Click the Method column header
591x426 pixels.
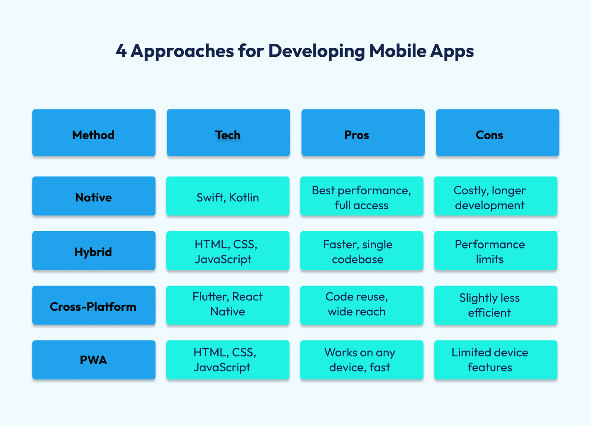point(94,132)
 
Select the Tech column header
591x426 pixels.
point(228,132)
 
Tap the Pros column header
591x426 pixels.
point(363,132)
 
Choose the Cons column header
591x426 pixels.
point(497,132)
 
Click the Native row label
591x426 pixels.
point(94,196)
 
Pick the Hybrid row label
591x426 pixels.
point(94,250)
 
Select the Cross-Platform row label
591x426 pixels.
point(94,305)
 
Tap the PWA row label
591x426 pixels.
point(94,360)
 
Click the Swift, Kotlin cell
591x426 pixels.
point(228,196)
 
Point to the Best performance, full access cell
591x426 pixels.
point(362,196)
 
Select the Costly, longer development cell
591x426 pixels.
point(496,196)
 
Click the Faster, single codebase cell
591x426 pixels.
point(362,250)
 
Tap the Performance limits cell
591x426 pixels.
point(496,250)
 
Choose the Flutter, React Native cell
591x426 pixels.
point(228,305)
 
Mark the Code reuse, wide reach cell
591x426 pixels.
point(362,305)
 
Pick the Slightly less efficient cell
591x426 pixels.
point(496,305)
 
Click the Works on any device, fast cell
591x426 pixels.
point(362,360)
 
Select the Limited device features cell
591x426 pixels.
point(496,360)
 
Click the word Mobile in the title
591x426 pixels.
point(398,51)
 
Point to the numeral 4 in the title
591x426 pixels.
point(121,51)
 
